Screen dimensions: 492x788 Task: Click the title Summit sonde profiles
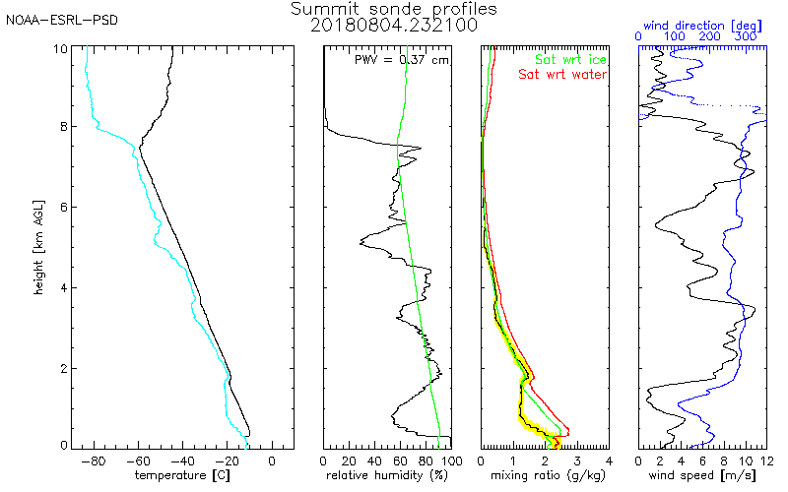click(x=394, y=8)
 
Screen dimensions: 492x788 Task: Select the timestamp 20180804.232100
click(x=394, y=24)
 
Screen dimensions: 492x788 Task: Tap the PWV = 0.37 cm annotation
click(x=401, y=59)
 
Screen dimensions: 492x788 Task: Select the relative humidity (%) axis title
click(x=387, y=476)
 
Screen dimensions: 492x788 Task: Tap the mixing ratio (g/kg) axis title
click(x=544, y=476)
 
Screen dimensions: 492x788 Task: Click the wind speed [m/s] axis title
click(x=702, y=476)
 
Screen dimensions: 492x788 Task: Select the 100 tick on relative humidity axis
click(x=449, y=460)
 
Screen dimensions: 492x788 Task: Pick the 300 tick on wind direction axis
click(x=747, y=36)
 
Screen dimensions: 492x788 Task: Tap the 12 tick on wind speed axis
click(x=764, y=460)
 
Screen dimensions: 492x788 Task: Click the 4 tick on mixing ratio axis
click(x=608, y=460)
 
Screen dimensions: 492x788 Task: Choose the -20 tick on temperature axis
click(x=228, y=460)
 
